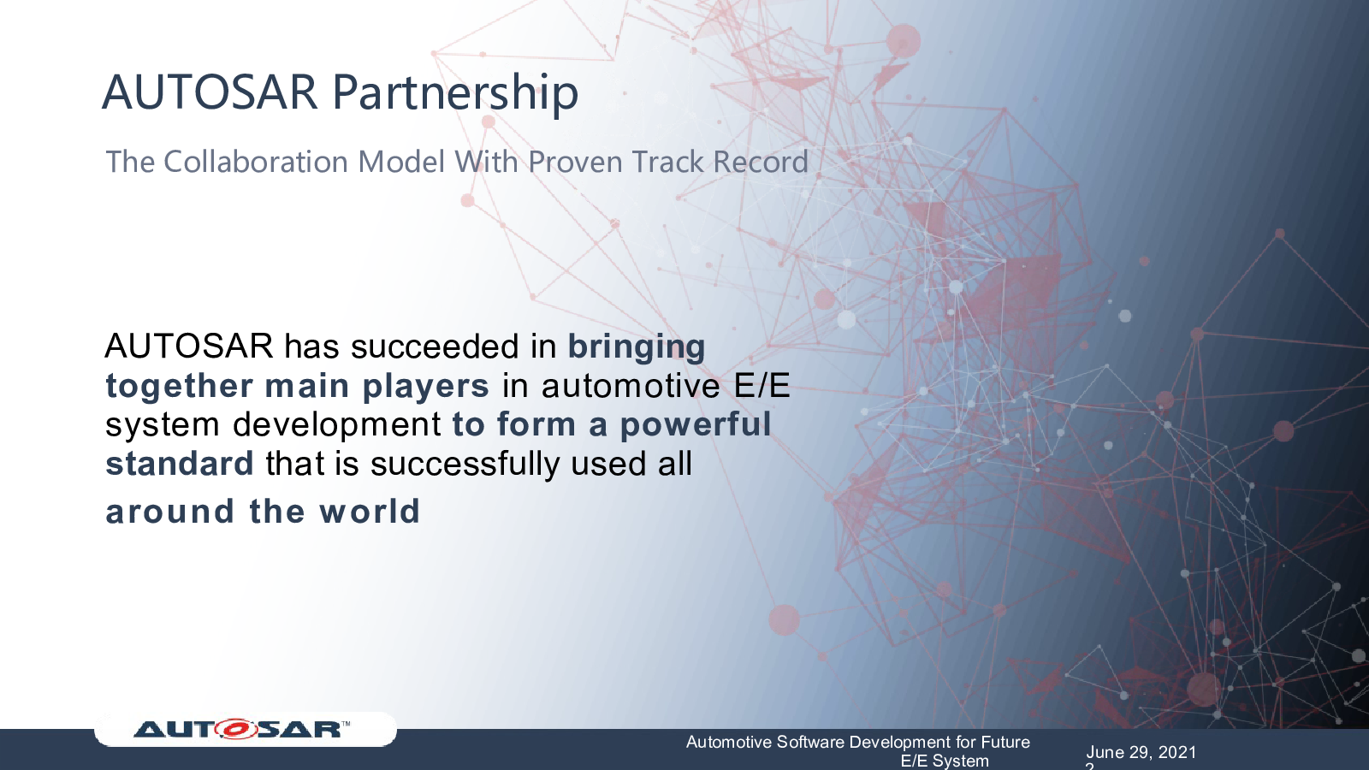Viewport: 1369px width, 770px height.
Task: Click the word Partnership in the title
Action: click(454, 93)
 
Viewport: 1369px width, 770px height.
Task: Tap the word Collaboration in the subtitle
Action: click(255, 162)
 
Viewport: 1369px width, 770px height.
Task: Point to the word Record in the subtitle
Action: click(761, 162)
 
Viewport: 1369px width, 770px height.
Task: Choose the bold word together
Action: click(179, 387)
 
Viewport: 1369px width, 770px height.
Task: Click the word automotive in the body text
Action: click(630, 386)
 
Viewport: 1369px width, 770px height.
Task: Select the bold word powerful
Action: click(696, 424)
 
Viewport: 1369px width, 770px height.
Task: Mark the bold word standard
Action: click(179, 463)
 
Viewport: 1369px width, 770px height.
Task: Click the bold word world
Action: click(370, 512)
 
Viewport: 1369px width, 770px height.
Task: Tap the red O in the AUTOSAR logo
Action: click(236, 729)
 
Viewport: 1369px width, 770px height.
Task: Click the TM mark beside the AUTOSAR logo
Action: click(346, 724)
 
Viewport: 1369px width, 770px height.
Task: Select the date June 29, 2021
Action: click(1141, 752)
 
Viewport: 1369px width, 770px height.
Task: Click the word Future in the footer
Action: click(1005, 743)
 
